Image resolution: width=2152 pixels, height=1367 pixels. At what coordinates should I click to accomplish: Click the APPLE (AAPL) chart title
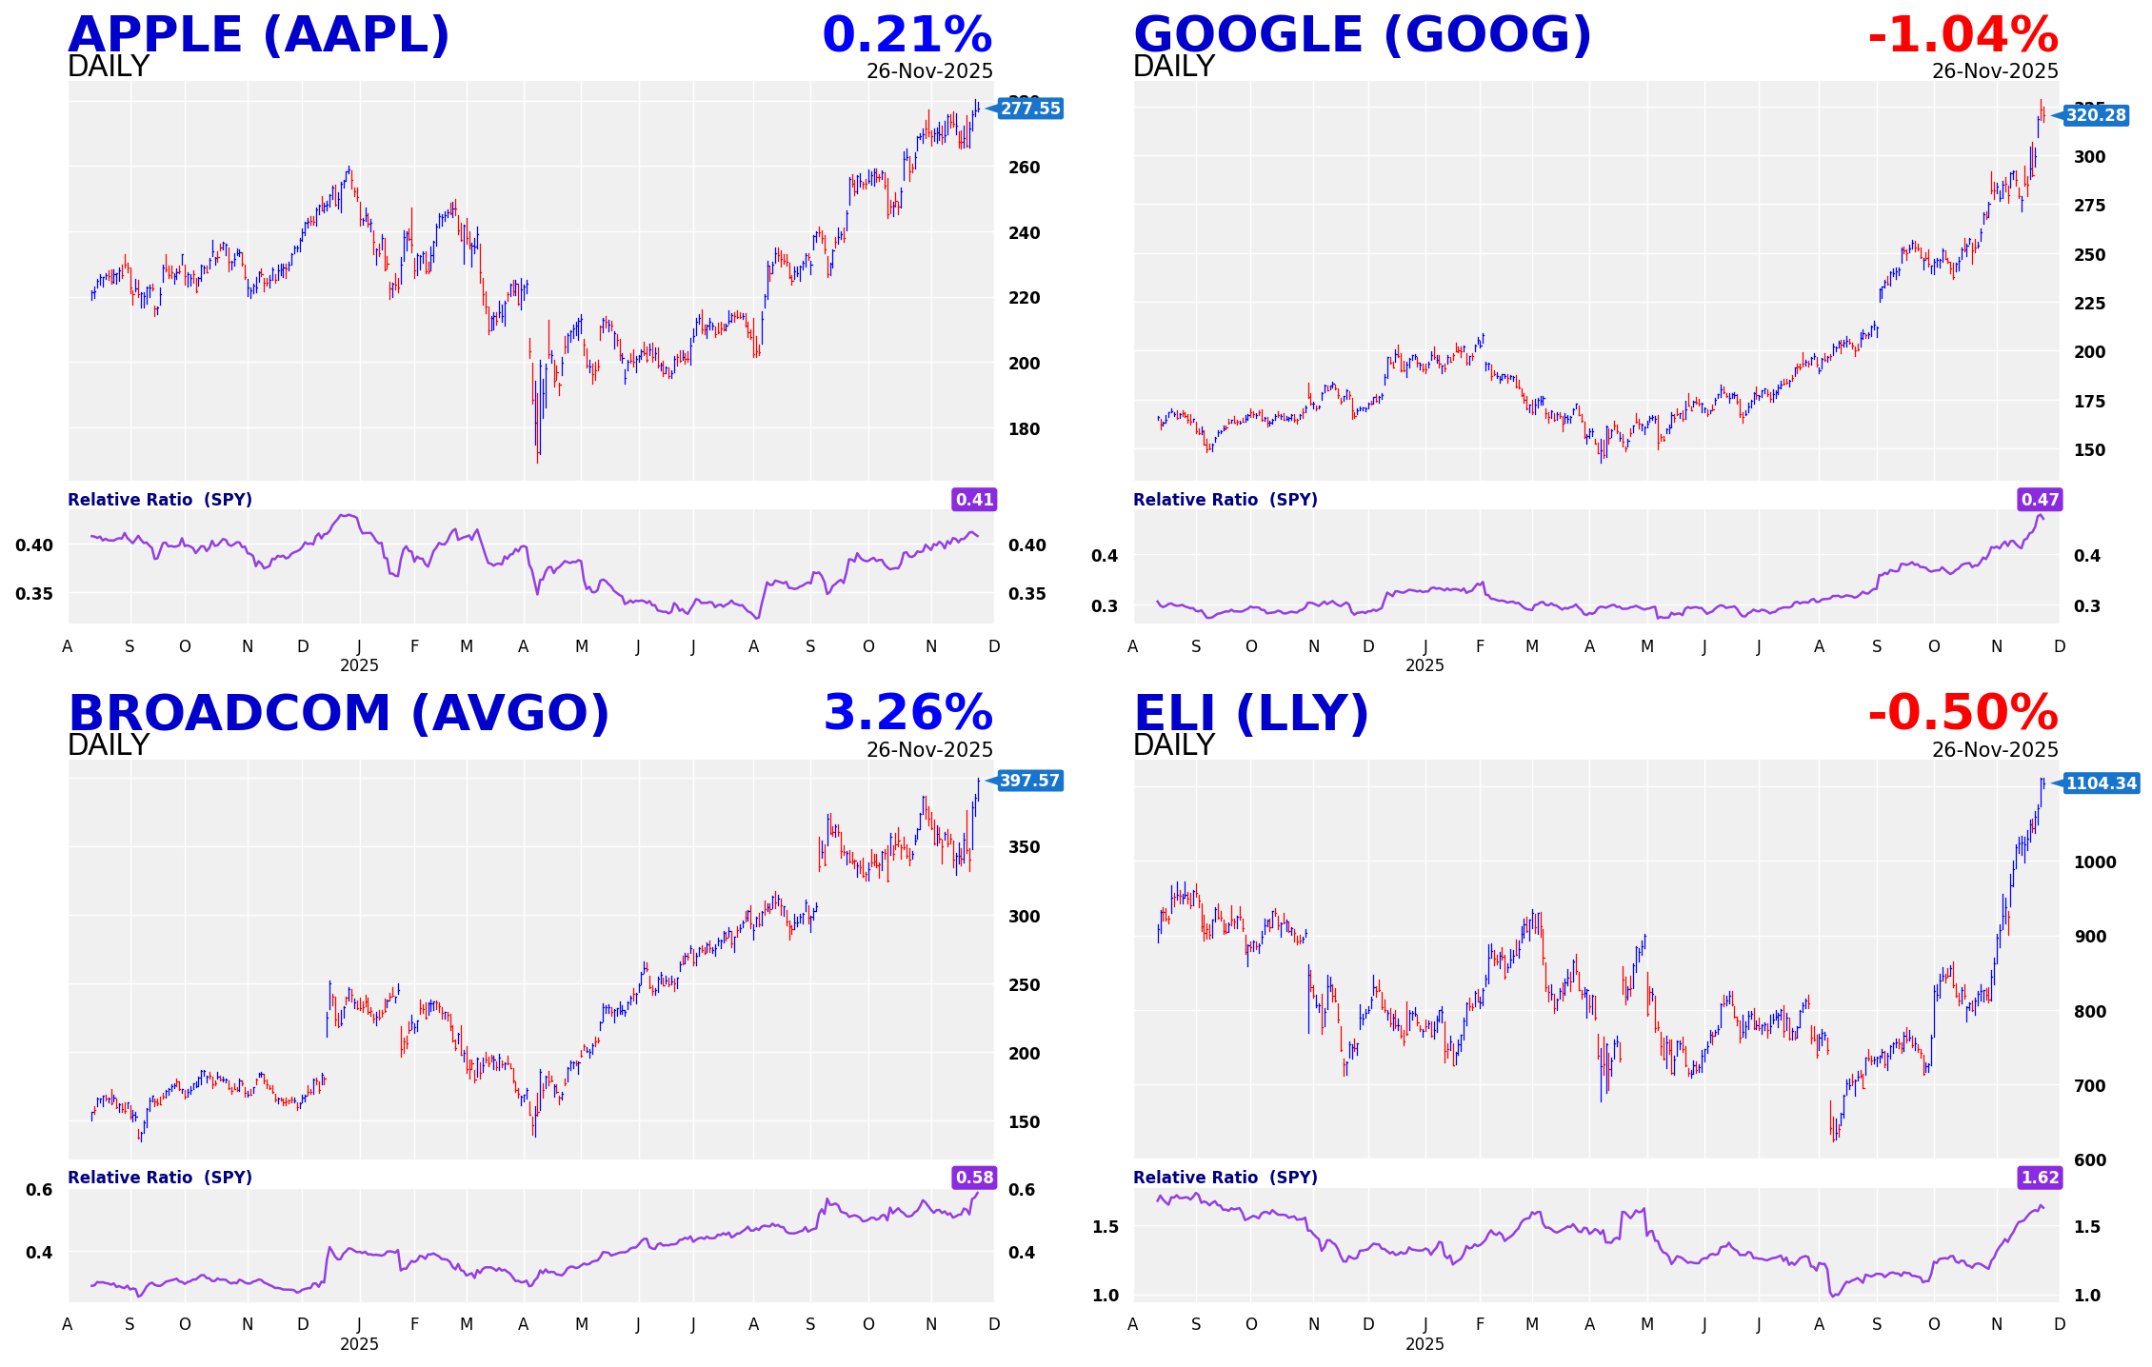[258, 35]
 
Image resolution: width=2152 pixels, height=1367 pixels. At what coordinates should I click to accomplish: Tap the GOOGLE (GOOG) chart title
[1362, 35]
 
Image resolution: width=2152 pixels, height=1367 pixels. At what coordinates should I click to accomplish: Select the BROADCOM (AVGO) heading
[338, 714]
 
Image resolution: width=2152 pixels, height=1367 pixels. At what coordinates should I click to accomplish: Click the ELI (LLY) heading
[1250, 714]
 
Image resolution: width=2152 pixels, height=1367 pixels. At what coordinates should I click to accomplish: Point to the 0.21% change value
[907, 35]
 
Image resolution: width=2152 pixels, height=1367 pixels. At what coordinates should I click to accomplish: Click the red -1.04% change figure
[1963, 35]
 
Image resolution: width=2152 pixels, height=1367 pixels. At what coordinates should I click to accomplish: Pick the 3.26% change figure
[907, 714]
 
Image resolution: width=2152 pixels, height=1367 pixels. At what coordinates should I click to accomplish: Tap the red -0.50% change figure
[1963, 714]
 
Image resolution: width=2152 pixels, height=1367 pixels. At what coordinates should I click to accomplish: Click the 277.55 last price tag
[1029, 109]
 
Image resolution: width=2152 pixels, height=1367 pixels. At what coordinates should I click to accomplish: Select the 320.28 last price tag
[2095, 115]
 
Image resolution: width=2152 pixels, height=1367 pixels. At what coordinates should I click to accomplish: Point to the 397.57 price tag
[1029, 781]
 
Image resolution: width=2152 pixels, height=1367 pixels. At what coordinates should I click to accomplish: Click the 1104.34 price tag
[2101, 783]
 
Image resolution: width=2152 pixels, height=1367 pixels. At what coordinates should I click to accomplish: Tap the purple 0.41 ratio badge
[974, 500]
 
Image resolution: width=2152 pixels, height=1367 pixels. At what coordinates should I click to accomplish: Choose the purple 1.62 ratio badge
[2040, 1178]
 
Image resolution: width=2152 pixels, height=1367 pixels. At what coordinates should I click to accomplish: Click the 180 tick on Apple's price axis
[1024, 429]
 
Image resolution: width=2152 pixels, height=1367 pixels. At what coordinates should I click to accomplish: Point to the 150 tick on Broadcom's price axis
[1024, 1122]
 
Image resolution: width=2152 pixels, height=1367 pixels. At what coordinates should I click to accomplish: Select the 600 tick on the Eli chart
[2089, 1160]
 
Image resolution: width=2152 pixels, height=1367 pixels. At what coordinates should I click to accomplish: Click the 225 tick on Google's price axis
[2089, 304]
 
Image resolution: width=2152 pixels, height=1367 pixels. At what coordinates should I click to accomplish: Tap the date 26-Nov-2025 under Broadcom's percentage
[929, 750]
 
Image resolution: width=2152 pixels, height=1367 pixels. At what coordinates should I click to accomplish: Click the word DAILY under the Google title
[1173, 67]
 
